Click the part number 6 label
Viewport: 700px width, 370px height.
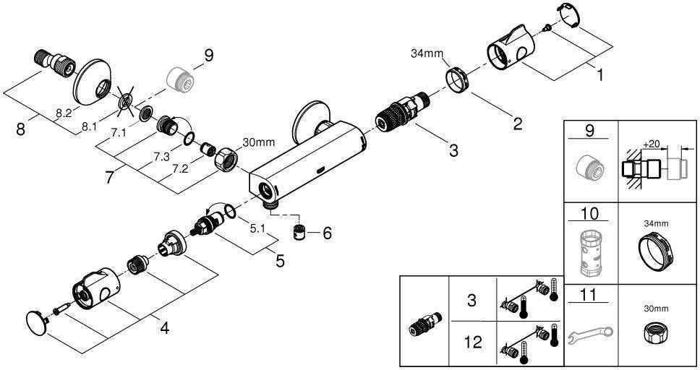[x=328, y=233]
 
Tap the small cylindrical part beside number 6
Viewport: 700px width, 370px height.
[x=299, y=233]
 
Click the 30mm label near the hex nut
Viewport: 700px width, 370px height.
[x=258, y=143]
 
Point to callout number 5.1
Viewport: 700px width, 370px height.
[x=257, y=228]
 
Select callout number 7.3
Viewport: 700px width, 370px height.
[x=161, y=157]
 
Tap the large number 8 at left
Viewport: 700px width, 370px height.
[x=20, y=130]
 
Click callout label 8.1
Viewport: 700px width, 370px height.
[x=89, y=127]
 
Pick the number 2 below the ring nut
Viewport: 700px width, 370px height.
[x=518, y=124]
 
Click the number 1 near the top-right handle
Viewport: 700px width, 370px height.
[x=600, y=75]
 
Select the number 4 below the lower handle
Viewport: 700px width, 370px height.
[x=165, y=329]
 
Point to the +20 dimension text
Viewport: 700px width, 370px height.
[x=652, y=144]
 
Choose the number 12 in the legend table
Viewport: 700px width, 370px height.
[x=473, y=343]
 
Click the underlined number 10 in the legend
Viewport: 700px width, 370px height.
[x=590, y=213]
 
